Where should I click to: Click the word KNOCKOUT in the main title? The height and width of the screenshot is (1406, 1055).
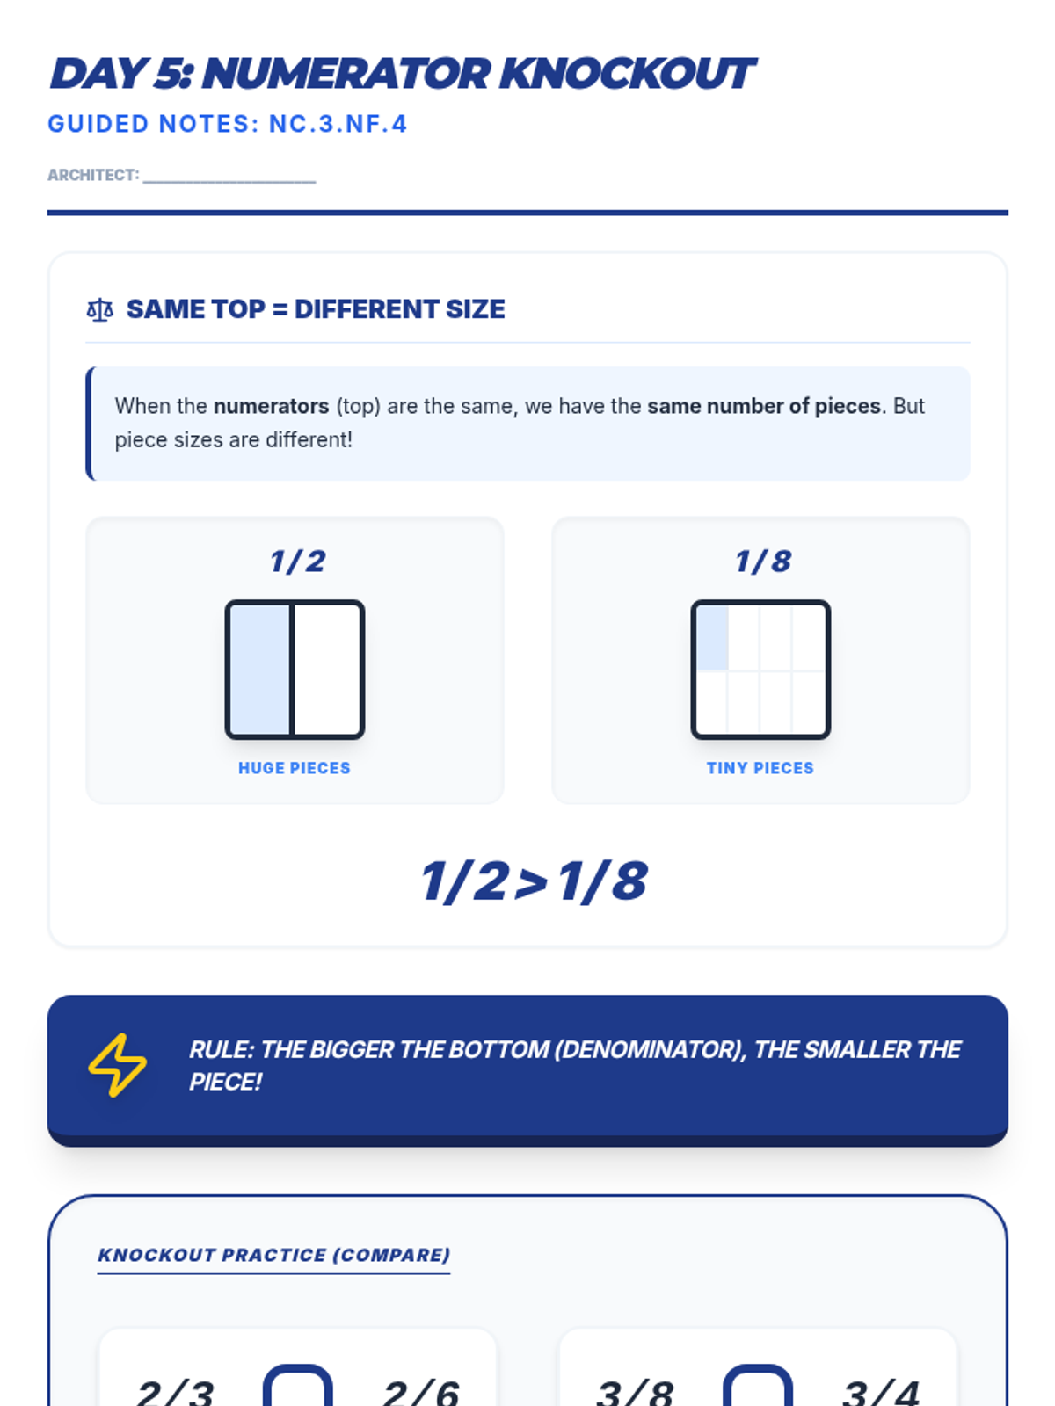coord(627,74)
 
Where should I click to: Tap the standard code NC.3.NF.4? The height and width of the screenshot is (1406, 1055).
coord(338,124)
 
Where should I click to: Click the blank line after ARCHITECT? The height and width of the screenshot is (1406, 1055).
coord(229,182)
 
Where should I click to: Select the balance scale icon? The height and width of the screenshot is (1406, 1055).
coord(100,309)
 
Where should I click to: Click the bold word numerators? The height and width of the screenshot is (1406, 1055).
coord(271,406)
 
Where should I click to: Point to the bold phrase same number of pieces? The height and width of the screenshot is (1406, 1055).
coord(763,406)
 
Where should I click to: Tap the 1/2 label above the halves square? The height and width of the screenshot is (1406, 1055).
coord(297,562)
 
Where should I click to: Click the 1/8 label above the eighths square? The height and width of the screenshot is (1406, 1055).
coord(762,562)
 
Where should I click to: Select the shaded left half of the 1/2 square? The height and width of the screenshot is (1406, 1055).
coord(260,670)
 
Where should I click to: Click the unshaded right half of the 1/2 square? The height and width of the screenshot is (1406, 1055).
coord(327,670)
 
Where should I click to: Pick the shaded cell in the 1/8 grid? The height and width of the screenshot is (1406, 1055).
coord(712,637)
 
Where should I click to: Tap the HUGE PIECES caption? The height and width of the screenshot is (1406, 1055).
coord(294,768)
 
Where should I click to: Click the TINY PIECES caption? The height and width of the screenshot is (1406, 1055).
coord(760,768)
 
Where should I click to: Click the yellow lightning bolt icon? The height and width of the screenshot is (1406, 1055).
coord(117,1064)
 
